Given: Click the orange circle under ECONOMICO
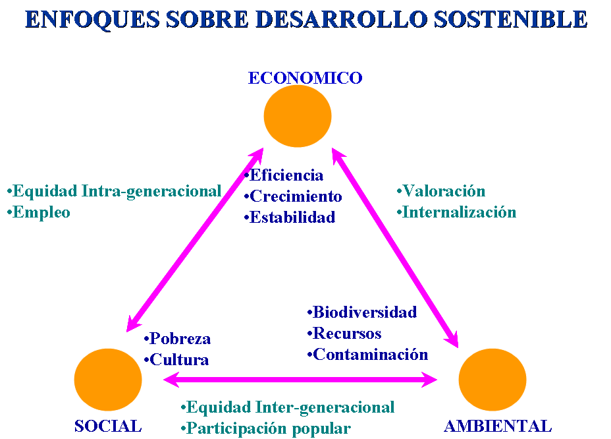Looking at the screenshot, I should [298, 116].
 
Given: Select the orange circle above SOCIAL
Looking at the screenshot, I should [108, 379].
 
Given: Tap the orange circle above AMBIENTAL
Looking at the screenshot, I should [492, 380].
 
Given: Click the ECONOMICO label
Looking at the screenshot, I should [305, 78].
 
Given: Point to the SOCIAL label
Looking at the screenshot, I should [108, 426].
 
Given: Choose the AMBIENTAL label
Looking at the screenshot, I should [498, 426].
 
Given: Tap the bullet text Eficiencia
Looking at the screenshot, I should [286, 175].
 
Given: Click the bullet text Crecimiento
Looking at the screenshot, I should [296, 196].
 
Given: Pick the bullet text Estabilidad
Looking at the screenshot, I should [292, 218].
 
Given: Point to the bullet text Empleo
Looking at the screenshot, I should [41, 212].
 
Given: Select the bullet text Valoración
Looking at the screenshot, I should [444, 191].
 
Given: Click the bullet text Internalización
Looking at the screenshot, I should [459, 212].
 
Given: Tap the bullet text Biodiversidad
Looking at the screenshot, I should [364, 312].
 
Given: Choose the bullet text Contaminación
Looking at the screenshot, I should [370, 355].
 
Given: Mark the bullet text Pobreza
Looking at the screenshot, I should [180, 339].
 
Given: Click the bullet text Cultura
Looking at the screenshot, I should [179, 360].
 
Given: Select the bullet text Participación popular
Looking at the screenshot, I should [268, 428].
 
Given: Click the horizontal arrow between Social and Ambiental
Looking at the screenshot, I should [300, 380].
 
